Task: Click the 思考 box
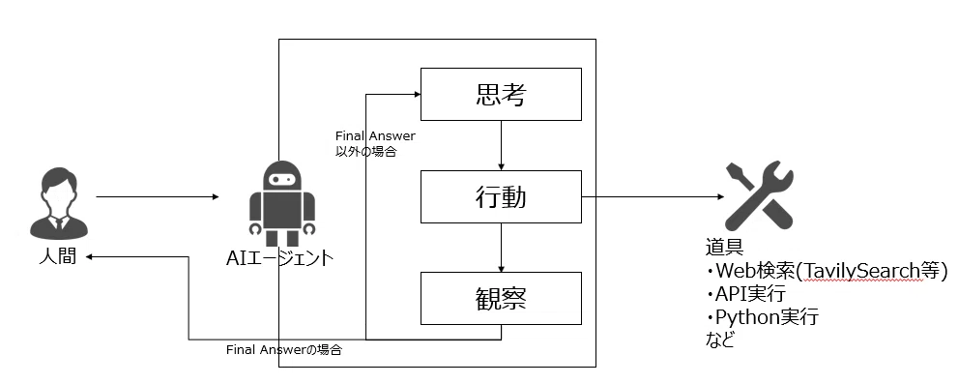tap(501, 94)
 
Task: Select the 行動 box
tap(501, 196)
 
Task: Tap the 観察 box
tap(501, 298)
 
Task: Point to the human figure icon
tap(59, 205)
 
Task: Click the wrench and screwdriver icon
tap(758, 195)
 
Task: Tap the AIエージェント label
tap(279, 258)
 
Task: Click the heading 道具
tap(724, 249)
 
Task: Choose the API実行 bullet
tap(745, 293)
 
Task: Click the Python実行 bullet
tap(762, 317)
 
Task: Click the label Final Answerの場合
tap(284, 350)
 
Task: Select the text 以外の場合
tap(365, 152)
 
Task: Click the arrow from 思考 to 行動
tap(501, 145)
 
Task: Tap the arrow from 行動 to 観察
tap(501, 248)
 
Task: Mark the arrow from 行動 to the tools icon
tap(653, 197)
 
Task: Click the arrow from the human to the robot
tap(158, 197)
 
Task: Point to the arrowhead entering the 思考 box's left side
tap(418, 94)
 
